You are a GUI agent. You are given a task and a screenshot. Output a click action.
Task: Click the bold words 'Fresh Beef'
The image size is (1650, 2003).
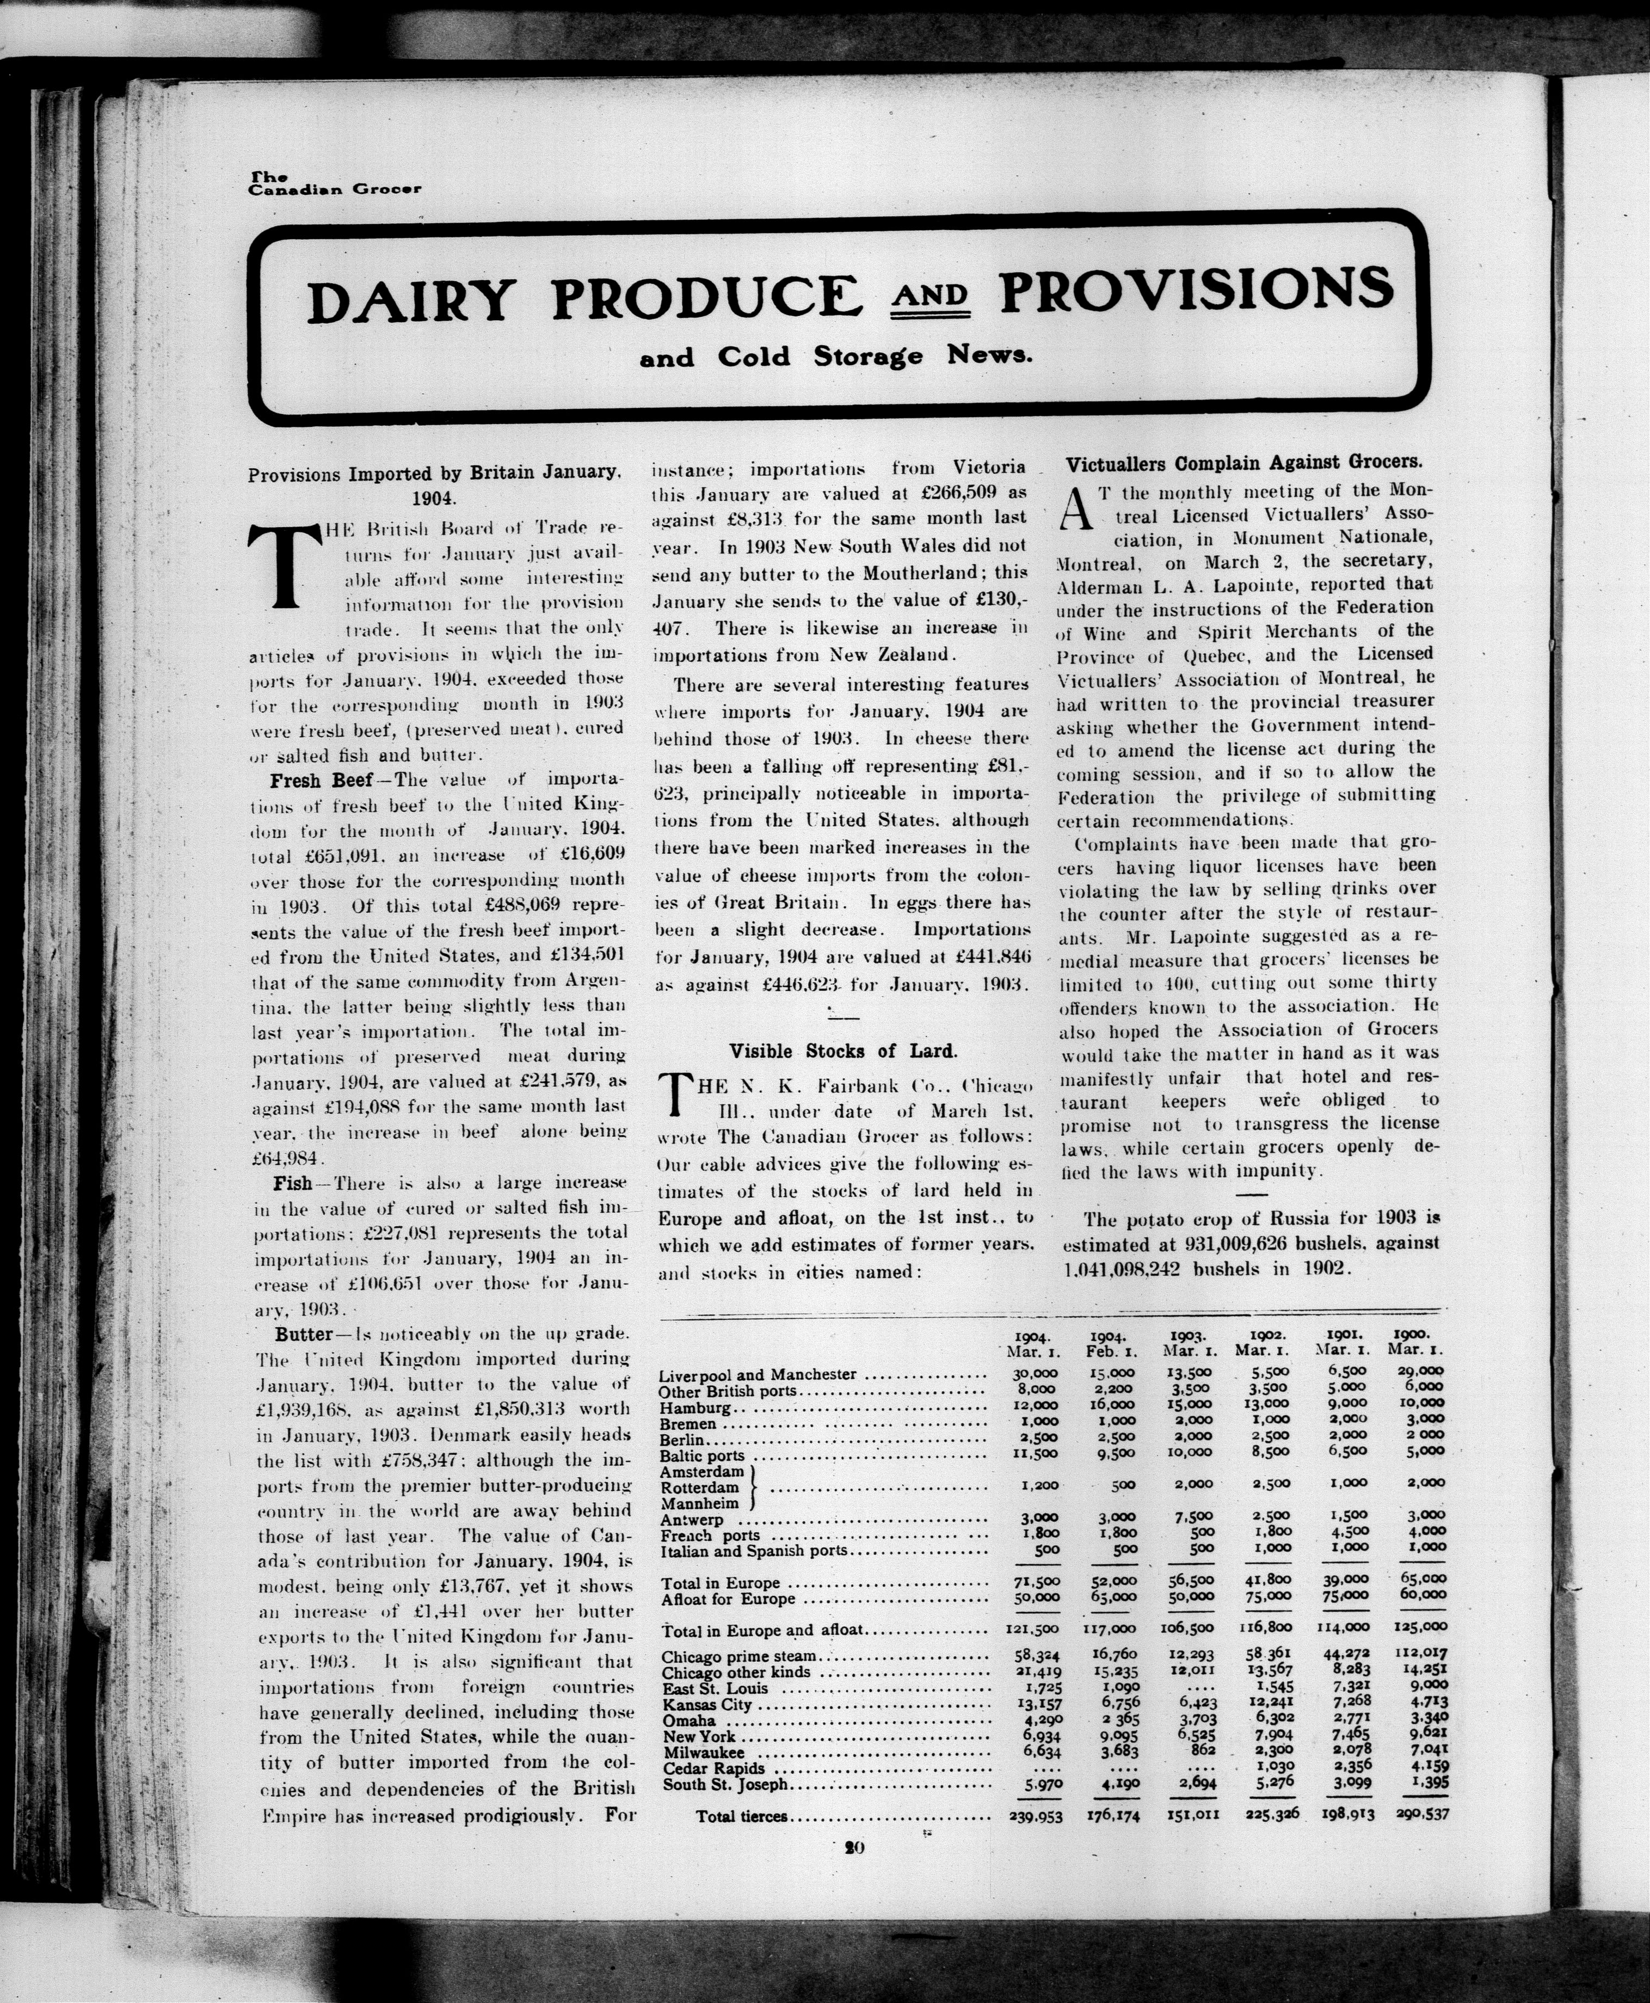tap(310, 782)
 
